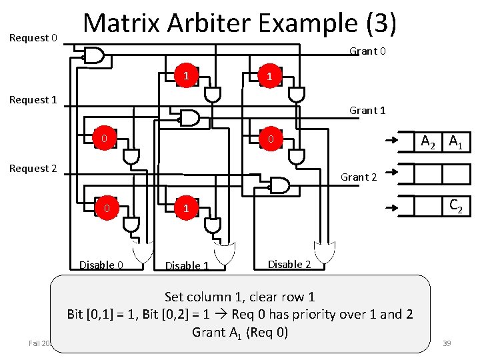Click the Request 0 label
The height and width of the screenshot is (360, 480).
[33, 38]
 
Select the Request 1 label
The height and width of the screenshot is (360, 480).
[32, 100]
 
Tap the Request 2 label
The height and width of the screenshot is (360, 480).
[32, 169]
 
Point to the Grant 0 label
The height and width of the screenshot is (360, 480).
[367, 51]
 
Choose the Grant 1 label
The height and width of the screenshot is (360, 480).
[367, 111]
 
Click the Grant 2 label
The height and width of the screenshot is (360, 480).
[359, 177]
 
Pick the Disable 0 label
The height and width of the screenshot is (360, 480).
[101, 265]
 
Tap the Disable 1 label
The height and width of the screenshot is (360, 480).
[187, 266]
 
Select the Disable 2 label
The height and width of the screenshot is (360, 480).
[289, 264]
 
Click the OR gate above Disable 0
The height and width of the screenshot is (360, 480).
[143, 252]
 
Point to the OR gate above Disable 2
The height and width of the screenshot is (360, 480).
[325, 252]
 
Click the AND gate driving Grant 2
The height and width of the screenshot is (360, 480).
[278, 184]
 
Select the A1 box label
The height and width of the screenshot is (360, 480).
[457, 141]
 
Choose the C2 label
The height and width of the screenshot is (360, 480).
[456, 206]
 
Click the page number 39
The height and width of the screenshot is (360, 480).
[447, 343]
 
